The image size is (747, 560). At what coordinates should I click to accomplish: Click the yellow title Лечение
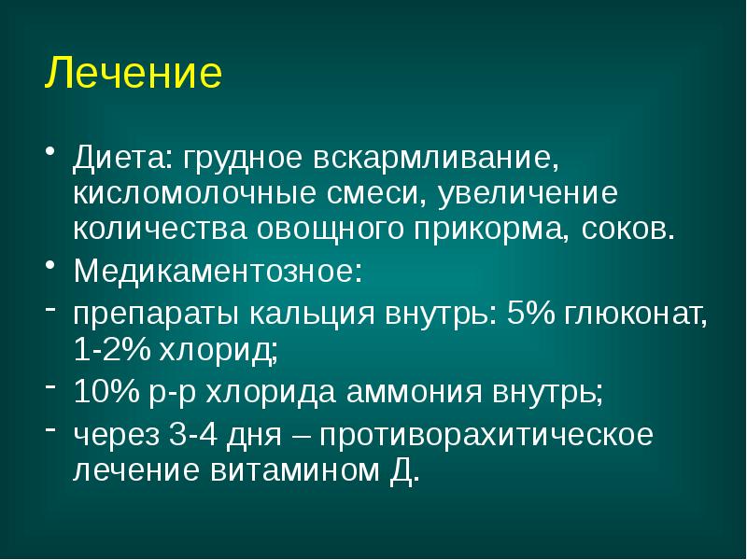coord(133,74)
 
